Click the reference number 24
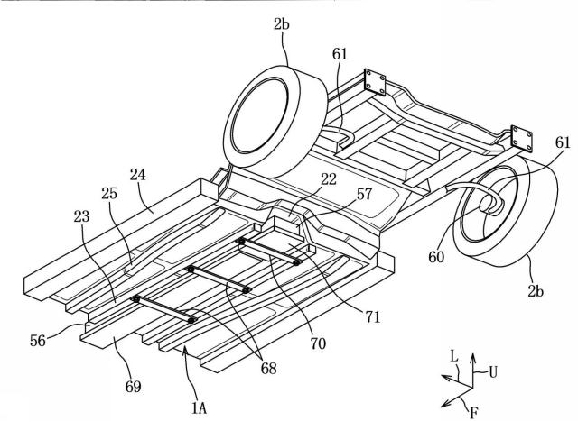(x=138, y=175)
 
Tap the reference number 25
(x=109, y=193)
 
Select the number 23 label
(x=81, y=216)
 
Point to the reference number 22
(x=329, y=179)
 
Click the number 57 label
(x=364, y=194)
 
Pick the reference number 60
(x=436, y=257)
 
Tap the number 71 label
(x=373, y=316)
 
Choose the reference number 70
(x=318, y=343)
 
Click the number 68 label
(x=269, y=368)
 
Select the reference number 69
(x=133, y=387)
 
